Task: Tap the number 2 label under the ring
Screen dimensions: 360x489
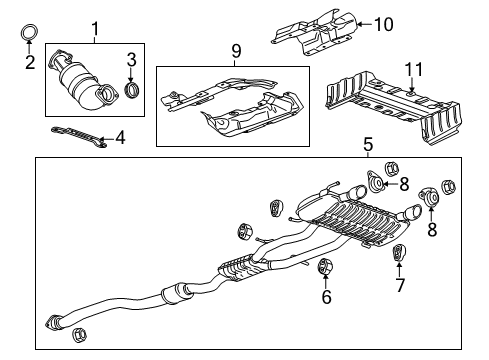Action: click(x=29, y=62)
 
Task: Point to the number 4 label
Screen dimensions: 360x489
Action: click(x=120, y=137)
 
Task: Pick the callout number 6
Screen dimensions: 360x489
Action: click(x=325, y=297)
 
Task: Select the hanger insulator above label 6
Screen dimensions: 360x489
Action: click(x=324, y=267)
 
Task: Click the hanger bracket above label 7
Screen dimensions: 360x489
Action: click(x=398, y=254)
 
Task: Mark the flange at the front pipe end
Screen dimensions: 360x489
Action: click(x=54, y=321)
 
